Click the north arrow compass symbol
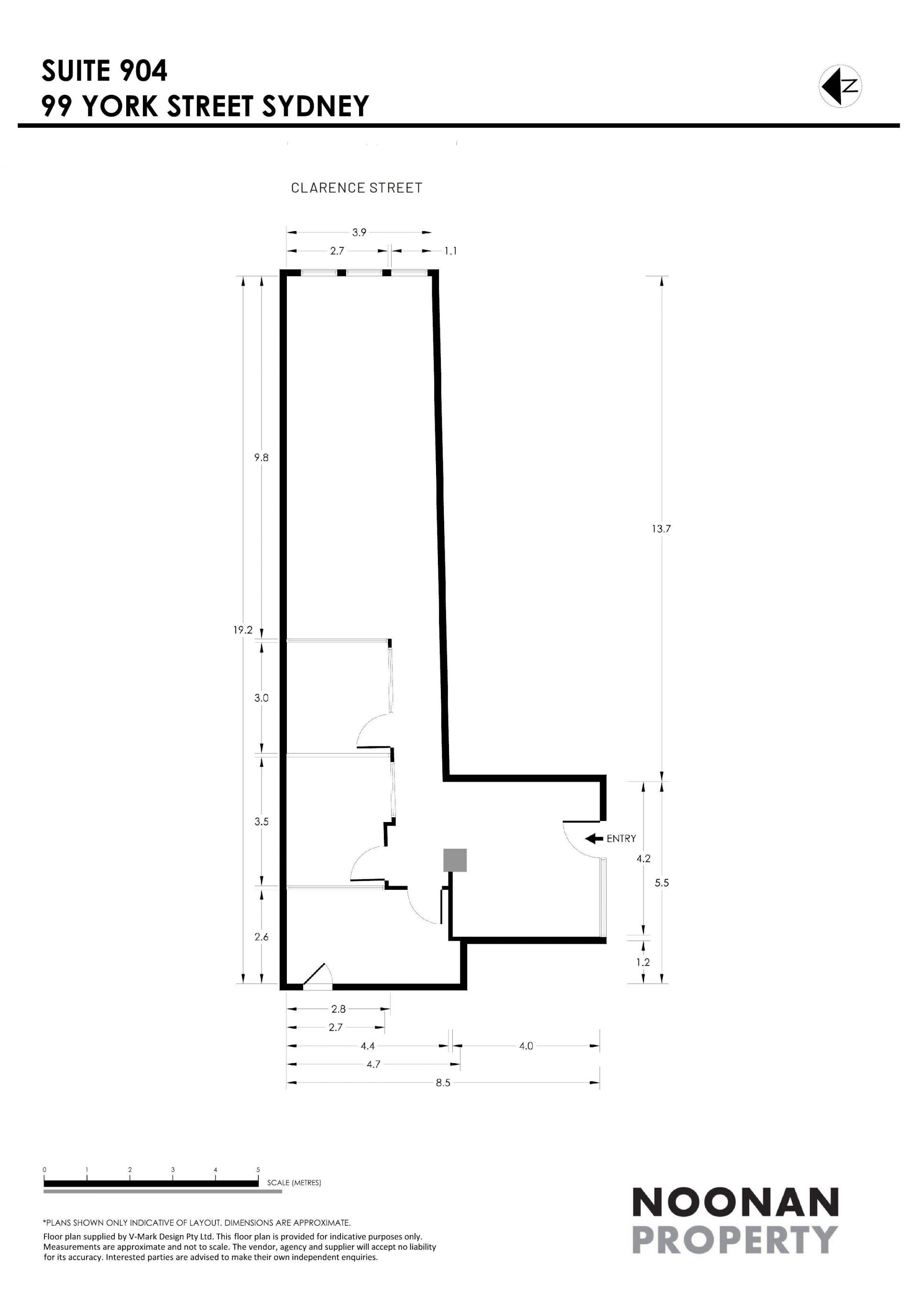[840, 86]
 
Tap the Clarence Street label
[356, 188]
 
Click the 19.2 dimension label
[243, 630]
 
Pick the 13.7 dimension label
[661, 529]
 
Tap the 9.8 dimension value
[261, 458]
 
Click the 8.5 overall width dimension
[443, 1083]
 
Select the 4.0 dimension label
[526, 1046]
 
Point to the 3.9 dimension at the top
[359, 232]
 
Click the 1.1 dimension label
[450, 251]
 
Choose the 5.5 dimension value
[661, 883]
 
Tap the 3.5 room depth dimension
[261, 822]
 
